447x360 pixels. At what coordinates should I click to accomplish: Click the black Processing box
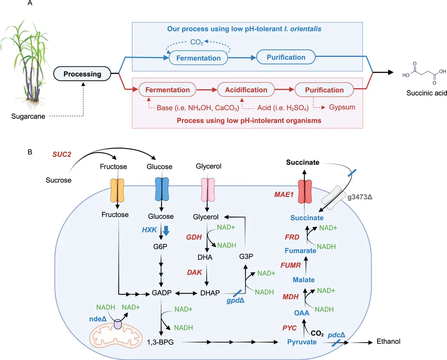pos(82,74)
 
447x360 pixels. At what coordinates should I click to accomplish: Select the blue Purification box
pos(286,57)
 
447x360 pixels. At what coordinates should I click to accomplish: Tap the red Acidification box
pos(246,90)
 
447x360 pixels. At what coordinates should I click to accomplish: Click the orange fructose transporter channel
pos(117,190)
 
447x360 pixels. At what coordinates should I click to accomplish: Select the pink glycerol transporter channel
pos(207,190)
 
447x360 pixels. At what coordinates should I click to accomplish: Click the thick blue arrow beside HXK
pos(166,230)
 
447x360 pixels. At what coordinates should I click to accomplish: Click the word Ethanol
pos(388,342)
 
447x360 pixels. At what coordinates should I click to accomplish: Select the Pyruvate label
pos(302,342)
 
